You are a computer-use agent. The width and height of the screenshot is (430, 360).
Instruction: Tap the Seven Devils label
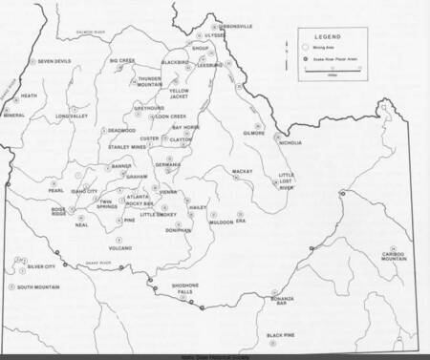click(x=54, y=61)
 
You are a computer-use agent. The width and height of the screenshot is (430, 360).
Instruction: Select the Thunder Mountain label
click(x=149, y=81)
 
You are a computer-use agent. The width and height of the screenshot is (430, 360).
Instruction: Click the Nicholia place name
click(x=288, y=142)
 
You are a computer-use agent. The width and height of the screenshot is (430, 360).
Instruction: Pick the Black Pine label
click(x=280, y=335)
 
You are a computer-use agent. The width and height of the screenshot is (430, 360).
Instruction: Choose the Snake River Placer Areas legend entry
click(x=343, y=55)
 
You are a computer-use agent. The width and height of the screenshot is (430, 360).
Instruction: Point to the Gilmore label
click(x=254, y=133)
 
